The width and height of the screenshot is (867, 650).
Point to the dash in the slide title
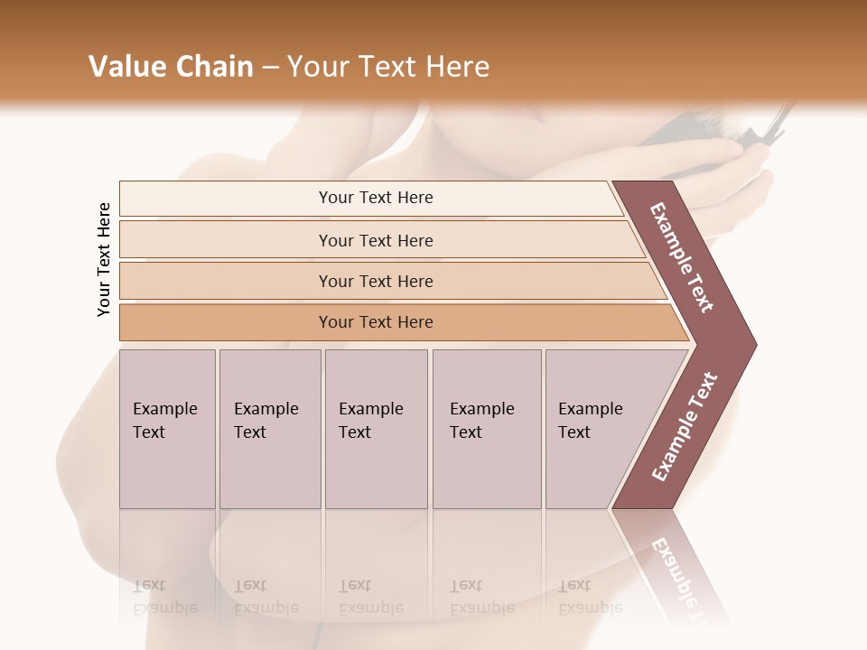coord(270,68)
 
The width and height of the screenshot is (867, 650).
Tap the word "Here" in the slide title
coord(457,67)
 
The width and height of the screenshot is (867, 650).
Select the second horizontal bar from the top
coord(375,240)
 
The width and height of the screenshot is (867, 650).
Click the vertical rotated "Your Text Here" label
coord(104,259)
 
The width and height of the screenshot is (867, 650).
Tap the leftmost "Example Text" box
coord(167,429)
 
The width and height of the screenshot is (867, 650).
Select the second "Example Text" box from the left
coord(270,429)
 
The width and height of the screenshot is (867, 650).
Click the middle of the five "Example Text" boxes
coord(376,429)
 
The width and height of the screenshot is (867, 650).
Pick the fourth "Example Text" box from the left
coord(487,429)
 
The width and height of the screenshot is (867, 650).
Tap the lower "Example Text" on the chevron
coord(684,427)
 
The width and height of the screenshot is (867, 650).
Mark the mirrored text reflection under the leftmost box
coord(165,597)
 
